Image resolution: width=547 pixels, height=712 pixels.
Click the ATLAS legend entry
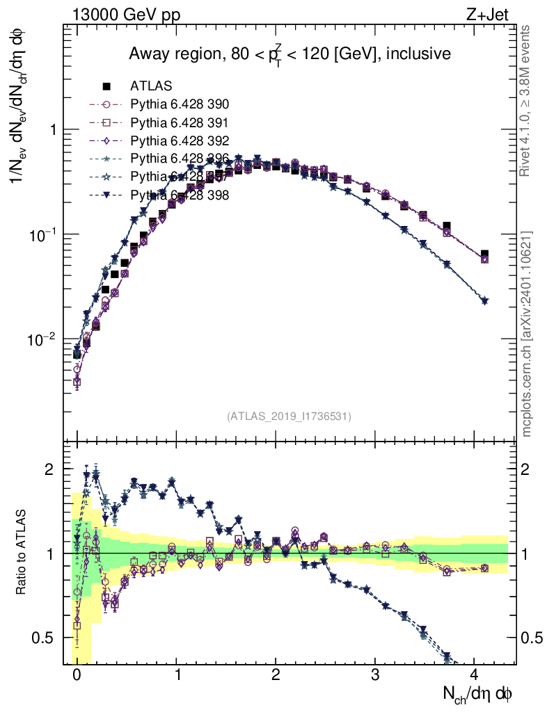pyautogui.click(x=151, y=86)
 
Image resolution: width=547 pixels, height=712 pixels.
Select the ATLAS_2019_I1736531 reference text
pyautogui.click(x=289, y=416)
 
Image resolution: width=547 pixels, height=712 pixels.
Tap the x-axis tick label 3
pyautogui.click(x=375, y=674)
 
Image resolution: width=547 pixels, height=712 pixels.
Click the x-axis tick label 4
pyautogui.click(x=475, y=674)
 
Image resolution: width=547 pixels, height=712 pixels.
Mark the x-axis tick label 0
pyautogui.click(x=77, y=674)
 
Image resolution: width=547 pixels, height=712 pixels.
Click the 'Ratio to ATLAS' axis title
pyautogui.click(x=23, y=551)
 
